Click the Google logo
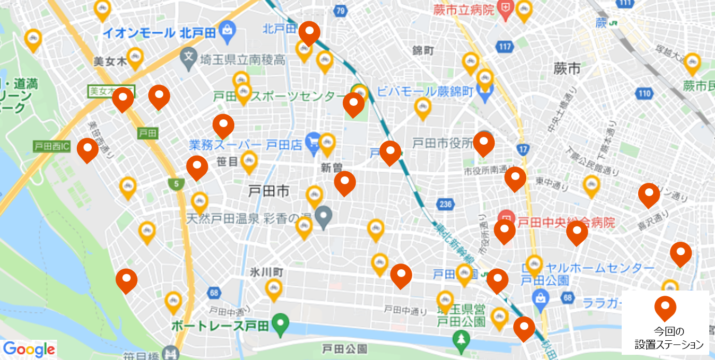pos(29,350)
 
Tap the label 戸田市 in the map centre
pos(269,192)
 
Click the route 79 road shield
pos(340,10)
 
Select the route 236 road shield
pos(445,204)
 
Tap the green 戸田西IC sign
pos(51,146)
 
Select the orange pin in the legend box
pos(665,307)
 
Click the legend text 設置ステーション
pos(669,344)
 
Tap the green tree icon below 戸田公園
pos(460,340)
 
